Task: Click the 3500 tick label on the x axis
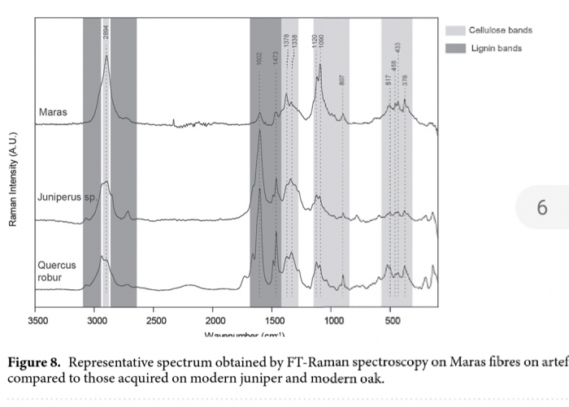pyautogui.click(x=37, y=321)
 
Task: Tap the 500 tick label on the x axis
pyautogui.click(x=391, y=321)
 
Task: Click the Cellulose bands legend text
pyautogui.click(x=500, y=30)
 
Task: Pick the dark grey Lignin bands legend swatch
pyautogui.click(x=456, y=49)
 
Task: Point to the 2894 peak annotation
pyautogui.click(x=106, y=32)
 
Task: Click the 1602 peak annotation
pyautogui.click(x=259, y=58)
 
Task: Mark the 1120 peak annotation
pyautogui.click(x=315, y=42)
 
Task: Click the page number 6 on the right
pyautogui.click(x=542, y=209)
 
